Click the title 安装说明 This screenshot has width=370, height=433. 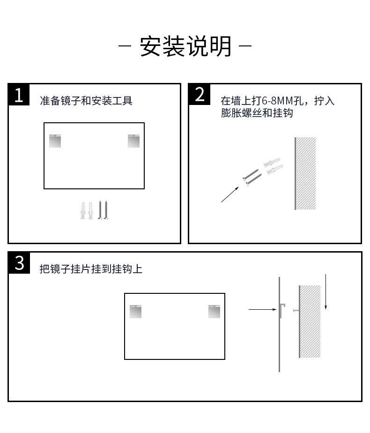(x=185, y=46)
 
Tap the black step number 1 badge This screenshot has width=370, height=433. (x=19, y=95)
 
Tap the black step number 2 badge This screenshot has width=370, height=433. (x=199, y=95)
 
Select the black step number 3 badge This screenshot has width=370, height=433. (x=19, y=263)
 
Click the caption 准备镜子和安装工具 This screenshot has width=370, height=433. (x=86, y=101)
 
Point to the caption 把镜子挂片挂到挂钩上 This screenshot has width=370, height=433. (x=91, y=269)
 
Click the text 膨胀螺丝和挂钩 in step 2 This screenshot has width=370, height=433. (x=257, y=113)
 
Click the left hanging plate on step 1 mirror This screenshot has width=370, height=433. (x=55, y=141)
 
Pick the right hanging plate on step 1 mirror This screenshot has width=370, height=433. (x=134, y=141)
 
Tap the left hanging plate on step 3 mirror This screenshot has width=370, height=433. (x=135, y=312)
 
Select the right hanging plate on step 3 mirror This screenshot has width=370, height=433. (x=215, y=312)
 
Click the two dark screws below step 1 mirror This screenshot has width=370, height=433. (x=103, y=210)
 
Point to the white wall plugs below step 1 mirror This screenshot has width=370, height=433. (x=87, y=210)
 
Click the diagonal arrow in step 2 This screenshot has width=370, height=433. (x=230, y=194)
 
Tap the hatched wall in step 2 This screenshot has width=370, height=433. (x=305, y=173)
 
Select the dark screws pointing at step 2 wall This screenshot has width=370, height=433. (x=252, y=177)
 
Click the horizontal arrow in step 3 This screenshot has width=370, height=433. (x=263, y=310)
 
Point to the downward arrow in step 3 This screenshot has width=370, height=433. (x=326, y=292)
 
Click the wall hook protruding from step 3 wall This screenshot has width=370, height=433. (x=296, y=311)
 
